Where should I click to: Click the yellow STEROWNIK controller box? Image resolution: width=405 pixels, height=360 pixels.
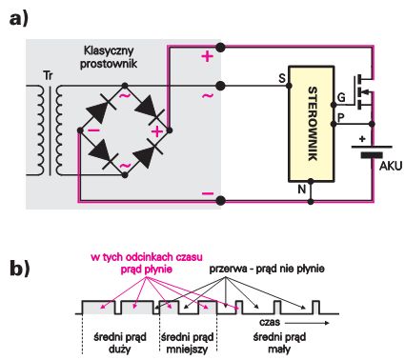[312, 124]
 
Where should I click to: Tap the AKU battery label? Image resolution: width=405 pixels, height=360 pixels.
[391, 166]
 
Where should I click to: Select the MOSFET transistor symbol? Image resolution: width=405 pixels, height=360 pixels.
[363, 91]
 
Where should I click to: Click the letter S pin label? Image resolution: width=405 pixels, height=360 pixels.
[282, 78]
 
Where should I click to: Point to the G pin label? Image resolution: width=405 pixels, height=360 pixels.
[341, 97]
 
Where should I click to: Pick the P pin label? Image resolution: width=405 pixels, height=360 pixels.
[340, 118]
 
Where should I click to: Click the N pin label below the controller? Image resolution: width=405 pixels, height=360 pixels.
[301, 190]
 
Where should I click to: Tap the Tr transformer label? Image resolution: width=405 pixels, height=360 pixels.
[48, 76]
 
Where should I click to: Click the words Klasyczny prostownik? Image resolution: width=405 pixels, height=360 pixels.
[109, 57]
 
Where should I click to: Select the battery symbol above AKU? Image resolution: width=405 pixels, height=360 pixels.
[372, 151]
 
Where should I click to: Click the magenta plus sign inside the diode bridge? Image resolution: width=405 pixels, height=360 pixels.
[157, 131]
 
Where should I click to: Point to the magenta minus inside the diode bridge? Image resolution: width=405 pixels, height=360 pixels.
[93, 130]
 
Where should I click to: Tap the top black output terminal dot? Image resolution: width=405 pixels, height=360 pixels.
[220, 48]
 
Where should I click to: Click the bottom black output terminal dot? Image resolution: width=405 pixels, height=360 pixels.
[220, 201]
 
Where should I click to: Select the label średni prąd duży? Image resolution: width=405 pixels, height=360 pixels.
[120, 343]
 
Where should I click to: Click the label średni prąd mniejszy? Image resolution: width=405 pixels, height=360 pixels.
[188, 343]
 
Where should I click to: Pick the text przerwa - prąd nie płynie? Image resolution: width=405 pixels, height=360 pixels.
[267, 269]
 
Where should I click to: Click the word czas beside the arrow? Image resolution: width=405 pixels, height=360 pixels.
[270, 322]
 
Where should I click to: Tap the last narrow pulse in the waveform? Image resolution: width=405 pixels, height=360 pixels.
[315, 308]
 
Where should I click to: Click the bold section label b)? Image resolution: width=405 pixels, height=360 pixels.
[20, 269]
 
